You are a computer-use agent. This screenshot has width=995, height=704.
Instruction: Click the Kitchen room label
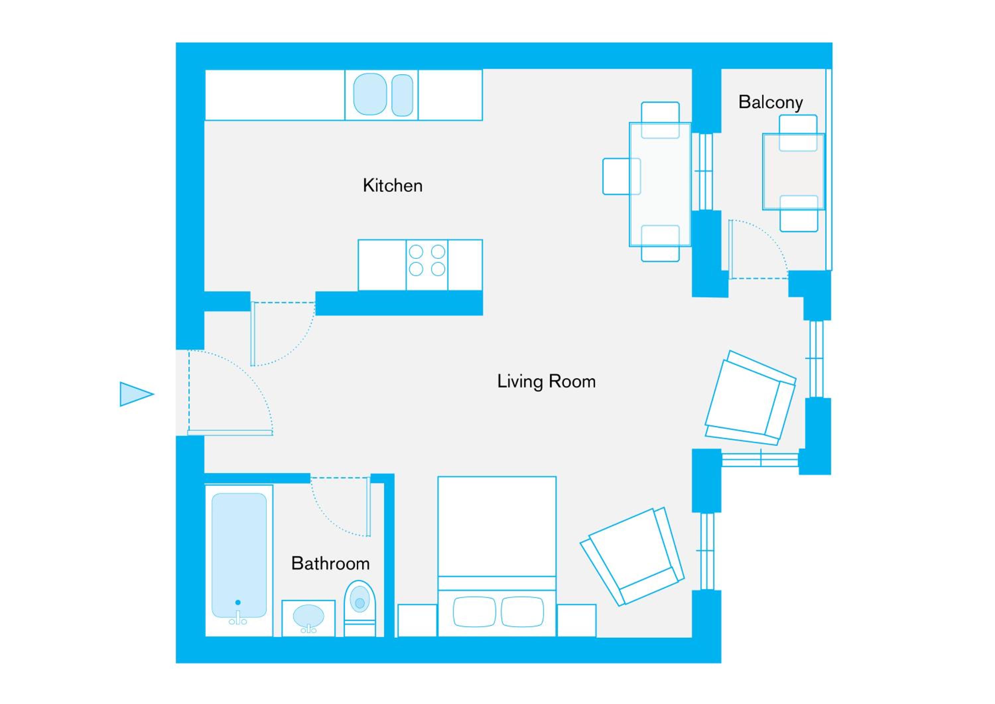393,185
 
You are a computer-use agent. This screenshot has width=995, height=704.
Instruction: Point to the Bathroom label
330,564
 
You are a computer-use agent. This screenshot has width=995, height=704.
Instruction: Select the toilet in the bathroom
360,609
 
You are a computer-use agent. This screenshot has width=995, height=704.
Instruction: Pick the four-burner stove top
427,265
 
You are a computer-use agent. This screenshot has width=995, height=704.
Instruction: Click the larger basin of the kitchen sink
370,94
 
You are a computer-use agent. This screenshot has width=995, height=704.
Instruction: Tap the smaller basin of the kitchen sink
402,95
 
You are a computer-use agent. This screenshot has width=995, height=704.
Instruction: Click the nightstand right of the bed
577,620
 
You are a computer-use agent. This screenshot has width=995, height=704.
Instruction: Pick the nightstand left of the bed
417,620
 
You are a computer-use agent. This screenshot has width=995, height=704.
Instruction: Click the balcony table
793,172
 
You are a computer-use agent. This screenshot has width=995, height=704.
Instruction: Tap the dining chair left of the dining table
622,176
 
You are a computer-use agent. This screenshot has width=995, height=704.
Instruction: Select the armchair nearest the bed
632,557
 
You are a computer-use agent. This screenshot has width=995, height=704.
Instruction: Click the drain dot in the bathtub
237,602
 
